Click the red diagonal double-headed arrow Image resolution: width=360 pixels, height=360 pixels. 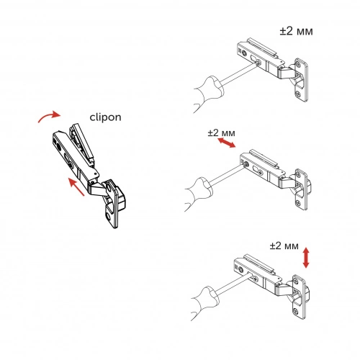[x=226, y=144]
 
